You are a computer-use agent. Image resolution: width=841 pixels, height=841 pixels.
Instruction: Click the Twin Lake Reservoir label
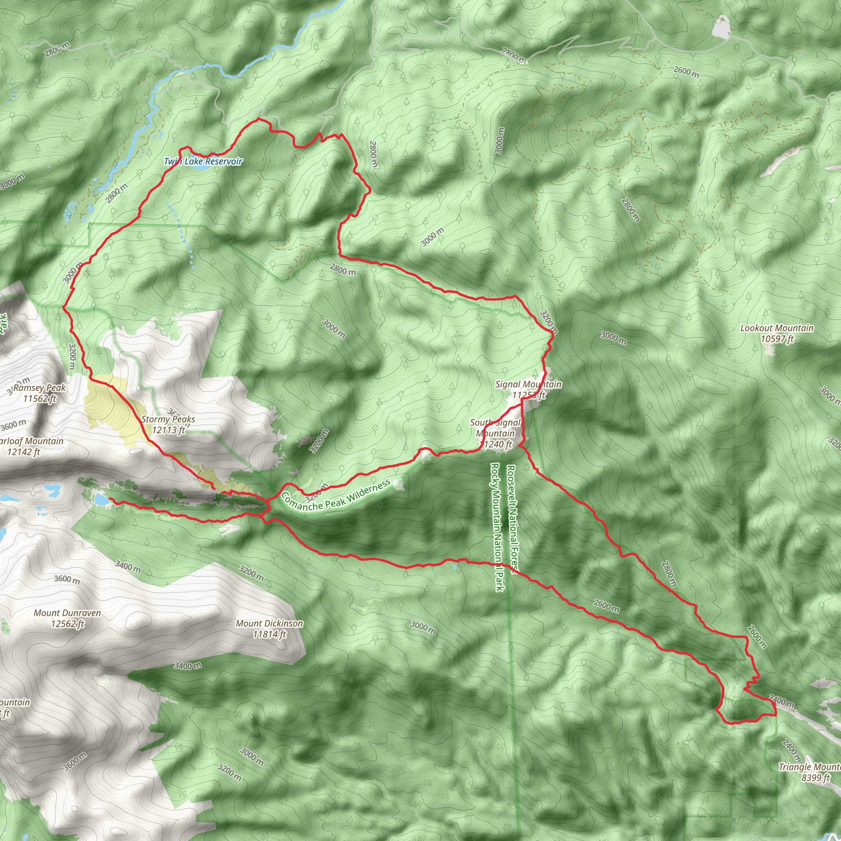[203, 161]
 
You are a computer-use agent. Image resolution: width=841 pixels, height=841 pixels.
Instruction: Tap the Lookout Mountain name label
[777, 328]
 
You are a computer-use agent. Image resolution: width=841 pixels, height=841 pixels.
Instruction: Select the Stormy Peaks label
[168, 419]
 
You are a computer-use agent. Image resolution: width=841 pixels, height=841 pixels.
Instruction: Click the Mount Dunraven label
[67, 613]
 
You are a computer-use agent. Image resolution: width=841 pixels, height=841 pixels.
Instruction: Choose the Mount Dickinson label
[269, 623]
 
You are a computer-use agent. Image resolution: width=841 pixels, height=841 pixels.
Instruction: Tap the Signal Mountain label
[528, 384]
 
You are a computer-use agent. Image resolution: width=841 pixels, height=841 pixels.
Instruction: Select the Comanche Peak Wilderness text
[335, 497]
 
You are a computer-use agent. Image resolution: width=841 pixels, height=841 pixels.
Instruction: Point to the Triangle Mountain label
[809, 767]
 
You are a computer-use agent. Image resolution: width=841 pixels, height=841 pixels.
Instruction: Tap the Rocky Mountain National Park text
[497, 527]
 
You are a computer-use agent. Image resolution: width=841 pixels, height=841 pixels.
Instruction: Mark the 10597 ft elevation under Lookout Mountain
[777, 339]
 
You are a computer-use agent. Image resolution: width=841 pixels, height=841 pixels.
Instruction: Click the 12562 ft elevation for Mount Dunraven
[67, 624]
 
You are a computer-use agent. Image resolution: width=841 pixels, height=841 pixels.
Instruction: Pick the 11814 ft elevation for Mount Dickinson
[269, 634]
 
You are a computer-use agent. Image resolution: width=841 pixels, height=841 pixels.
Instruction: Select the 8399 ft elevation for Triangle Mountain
[815, 777]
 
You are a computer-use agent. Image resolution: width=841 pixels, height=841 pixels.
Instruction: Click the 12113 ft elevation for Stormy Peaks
[168, 430]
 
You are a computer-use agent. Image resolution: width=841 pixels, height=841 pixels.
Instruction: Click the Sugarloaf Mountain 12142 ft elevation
[23, 452]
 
